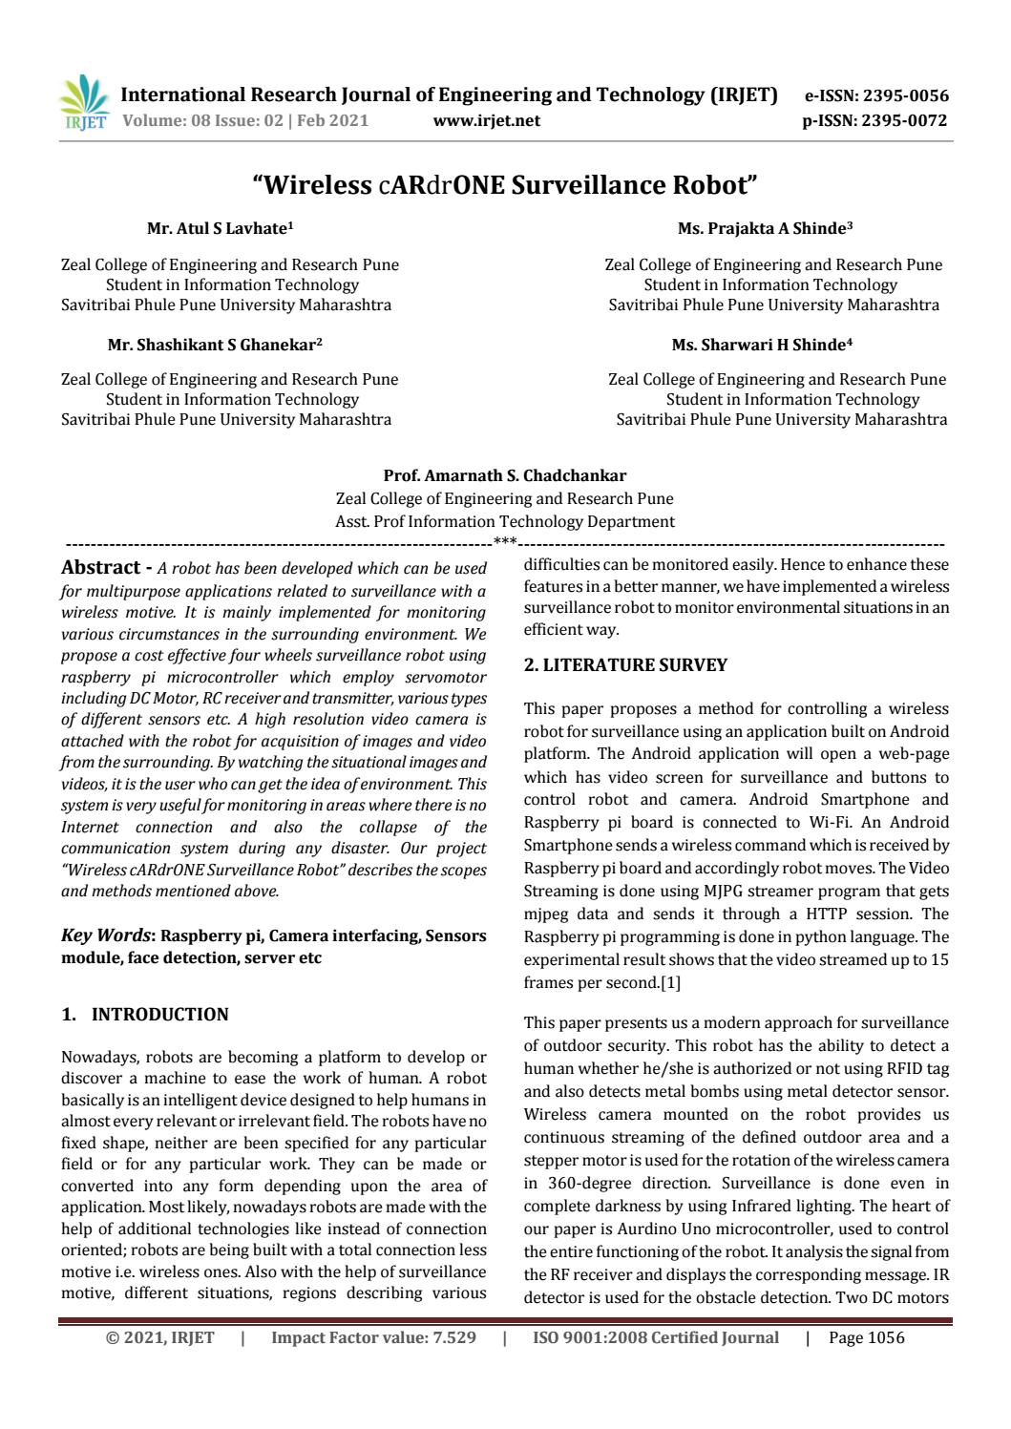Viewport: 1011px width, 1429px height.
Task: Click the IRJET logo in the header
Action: click(x=84, y=103)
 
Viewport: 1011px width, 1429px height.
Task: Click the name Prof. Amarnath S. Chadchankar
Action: click(x=504, y=475)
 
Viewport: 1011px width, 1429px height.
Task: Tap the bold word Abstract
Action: click(x=101, y=567)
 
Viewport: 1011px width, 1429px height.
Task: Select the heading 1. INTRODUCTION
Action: click(x=145, y=1015)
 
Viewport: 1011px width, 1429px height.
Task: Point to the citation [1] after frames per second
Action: click(x=670, y=982)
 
